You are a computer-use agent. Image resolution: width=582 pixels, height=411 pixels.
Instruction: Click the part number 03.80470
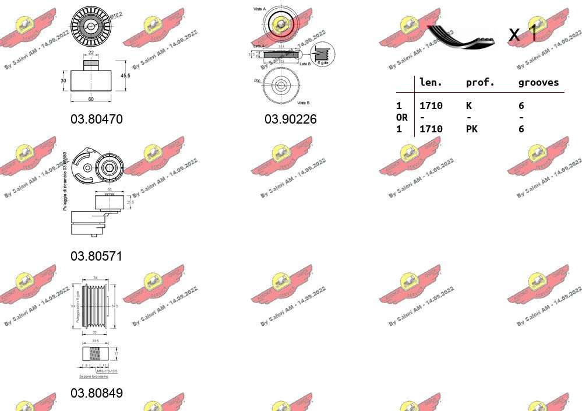click(97, 119)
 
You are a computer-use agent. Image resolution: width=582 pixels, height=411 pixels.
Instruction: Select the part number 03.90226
click(291, 119)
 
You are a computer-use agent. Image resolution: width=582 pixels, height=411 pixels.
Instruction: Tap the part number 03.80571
click(97, 256)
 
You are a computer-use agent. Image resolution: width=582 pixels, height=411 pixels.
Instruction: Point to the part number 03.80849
click(97, 393)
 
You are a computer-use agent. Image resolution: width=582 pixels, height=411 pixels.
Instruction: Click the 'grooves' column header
click(538, 83)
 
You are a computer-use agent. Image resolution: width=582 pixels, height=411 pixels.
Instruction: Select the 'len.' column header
click(431, 83)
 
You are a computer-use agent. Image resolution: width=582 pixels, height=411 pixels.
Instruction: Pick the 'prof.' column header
click(480, 83)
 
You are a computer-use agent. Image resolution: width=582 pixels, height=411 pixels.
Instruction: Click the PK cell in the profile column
click(471, 129)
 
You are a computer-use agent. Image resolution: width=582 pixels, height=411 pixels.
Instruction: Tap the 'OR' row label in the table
click(402, 117)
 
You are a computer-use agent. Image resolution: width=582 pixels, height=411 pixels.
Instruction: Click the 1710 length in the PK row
click(431, 129)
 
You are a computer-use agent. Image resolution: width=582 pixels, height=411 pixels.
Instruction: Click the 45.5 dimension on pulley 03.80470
click(125, 75)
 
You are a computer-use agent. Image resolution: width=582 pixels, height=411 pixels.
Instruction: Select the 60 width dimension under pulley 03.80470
click(91, 99)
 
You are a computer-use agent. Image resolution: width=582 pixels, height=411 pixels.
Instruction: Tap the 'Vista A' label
click(260, 10)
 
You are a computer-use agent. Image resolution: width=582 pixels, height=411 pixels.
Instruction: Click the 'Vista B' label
click(304, 103)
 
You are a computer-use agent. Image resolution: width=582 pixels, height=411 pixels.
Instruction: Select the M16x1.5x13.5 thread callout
click(107, 370)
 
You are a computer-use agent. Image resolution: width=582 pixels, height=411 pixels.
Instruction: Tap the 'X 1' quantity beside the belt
click(522, 34)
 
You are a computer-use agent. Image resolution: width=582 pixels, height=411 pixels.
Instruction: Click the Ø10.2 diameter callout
click(117, 14)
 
